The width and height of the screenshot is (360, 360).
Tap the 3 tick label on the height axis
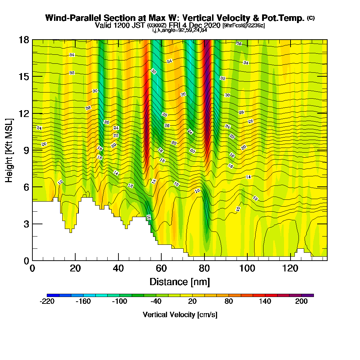click(26, 224)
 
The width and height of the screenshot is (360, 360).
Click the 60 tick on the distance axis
click(161, 260)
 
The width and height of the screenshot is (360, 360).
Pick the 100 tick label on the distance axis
click(247, 269)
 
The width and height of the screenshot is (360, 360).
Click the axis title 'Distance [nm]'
click(180, 282)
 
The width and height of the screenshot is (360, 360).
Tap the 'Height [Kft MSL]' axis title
click(9, 150)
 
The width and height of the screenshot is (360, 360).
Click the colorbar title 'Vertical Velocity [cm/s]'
click(180, 315)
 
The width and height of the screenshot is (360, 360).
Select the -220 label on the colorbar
click(47, 302)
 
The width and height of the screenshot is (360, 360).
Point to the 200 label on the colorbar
click(301, 302)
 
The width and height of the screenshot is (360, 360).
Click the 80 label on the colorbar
click(229, 302)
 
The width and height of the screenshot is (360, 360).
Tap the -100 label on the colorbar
click(120, 302)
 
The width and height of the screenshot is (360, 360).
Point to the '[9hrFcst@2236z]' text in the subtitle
click(244, 26)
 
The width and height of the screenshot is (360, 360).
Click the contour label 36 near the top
click(239, 43)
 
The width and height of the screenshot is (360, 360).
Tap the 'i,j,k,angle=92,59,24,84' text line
click(180, 30)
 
